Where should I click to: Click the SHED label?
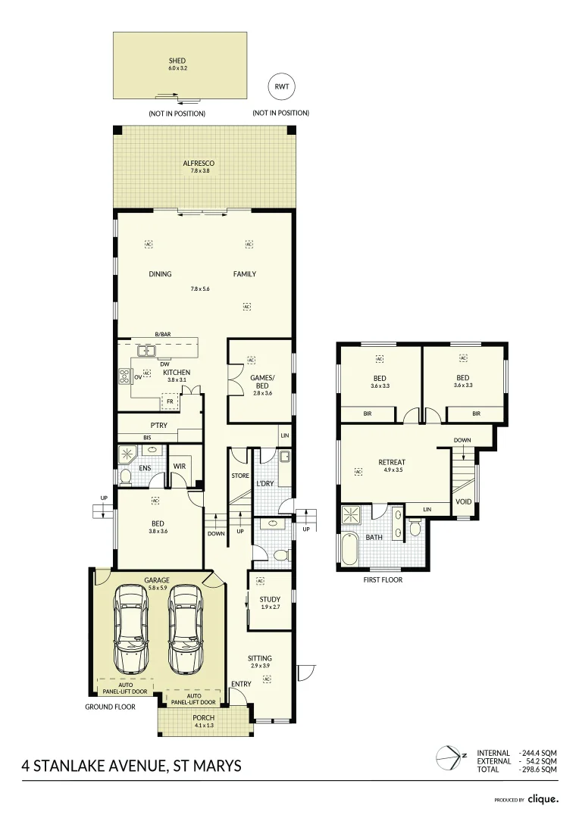coord(177,61)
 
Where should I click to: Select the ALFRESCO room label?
coord(199,163)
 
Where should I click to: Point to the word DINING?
coord(160,274)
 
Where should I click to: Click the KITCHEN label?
coord(176,372)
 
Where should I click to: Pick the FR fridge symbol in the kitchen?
coord(171,400)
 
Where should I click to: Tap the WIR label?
coord(180,466)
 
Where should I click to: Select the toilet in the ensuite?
coord(127,476)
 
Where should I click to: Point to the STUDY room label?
coord(270,600)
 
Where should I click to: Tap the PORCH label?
coord(204,717)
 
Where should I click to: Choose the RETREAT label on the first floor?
coord(392,462)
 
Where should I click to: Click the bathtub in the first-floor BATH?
coord(349,548)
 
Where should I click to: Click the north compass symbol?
coord(450,757)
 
